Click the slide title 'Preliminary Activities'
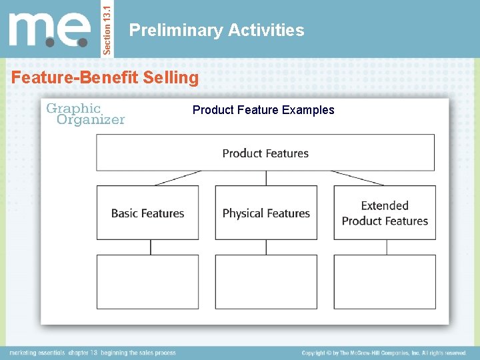tap(217, 30)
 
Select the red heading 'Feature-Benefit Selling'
tap(105, 78)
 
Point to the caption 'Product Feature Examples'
tap(263, 110)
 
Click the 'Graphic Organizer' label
tap(85, 113)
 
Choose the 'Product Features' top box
tap(265, 153)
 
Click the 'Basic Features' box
tap(147, 213)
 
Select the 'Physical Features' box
tap(266, 213)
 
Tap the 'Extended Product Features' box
tap(385, 213)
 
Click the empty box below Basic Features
tap(147, 282)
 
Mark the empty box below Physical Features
tap(266, 282)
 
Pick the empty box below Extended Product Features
tap(385, 282)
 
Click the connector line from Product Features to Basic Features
tap(177, 178)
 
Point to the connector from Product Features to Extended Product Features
tap(357, 178)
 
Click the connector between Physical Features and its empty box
tap(266, 247)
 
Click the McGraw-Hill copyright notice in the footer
tap(384, 353)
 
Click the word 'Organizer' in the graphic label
tap(91, 120)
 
